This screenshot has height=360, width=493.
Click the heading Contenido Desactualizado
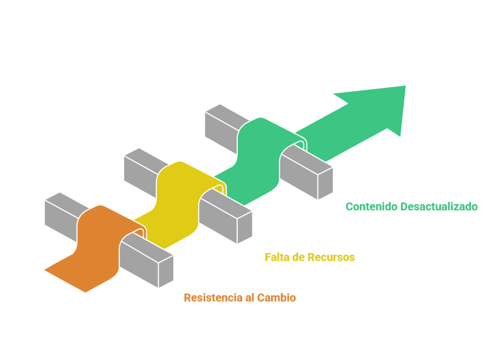click(x=411, y=206)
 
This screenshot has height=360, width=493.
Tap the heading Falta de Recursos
click(x=310, y=257)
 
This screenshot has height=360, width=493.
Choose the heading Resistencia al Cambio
click(x=240, y=297)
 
